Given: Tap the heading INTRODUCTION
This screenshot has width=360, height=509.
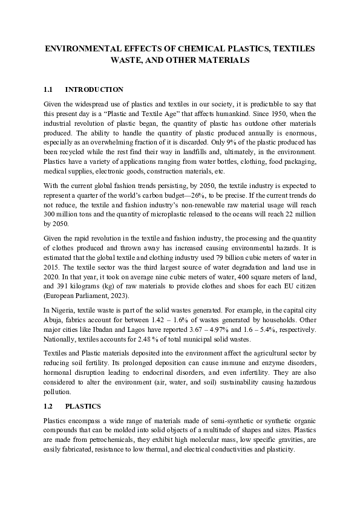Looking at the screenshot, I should click(x=94, y=89).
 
